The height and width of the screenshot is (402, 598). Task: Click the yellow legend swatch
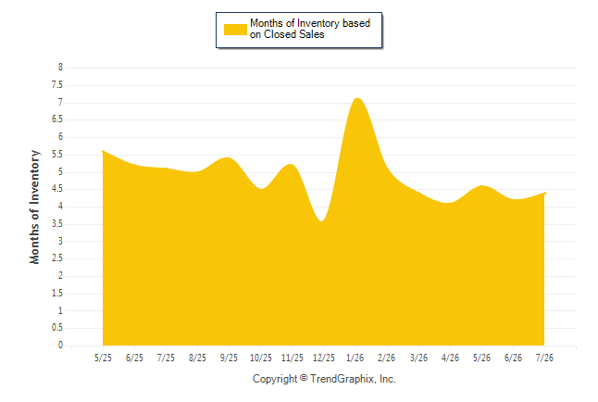click(235, 30)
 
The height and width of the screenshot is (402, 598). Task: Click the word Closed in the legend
click(280, 34)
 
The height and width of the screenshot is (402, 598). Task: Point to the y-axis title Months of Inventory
click(34, 207)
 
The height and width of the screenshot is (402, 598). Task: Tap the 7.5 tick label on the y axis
click(57, 84)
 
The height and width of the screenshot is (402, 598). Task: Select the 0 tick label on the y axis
click(60, 345)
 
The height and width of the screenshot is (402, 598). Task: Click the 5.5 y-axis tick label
click(57, 155)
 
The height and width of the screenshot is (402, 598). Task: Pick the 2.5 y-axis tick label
click(57, 258)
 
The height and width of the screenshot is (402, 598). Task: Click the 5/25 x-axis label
click(103, 358)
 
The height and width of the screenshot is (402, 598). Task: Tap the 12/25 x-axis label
click(324, 358)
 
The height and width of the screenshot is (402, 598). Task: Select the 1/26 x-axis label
click(355, 358)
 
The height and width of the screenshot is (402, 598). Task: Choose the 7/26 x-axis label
click(544, 358)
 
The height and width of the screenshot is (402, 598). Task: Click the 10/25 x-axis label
click(261, 358)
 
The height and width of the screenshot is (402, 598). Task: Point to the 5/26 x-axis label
click(481, 358)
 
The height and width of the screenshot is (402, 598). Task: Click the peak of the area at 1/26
click(357, 98)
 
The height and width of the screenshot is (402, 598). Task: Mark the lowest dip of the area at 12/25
click(322, 221)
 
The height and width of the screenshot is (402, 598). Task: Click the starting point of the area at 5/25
click(103, 151)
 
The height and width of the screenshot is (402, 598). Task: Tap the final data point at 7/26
click(544, 194)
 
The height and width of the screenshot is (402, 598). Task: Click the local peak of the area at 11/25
click(291, 164)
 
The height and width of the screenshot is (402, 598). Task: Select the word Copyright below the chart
click(275, 379)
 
